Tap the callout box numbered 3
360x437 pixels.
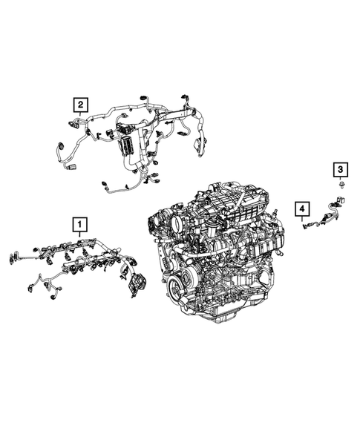(x=339, y=171)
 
